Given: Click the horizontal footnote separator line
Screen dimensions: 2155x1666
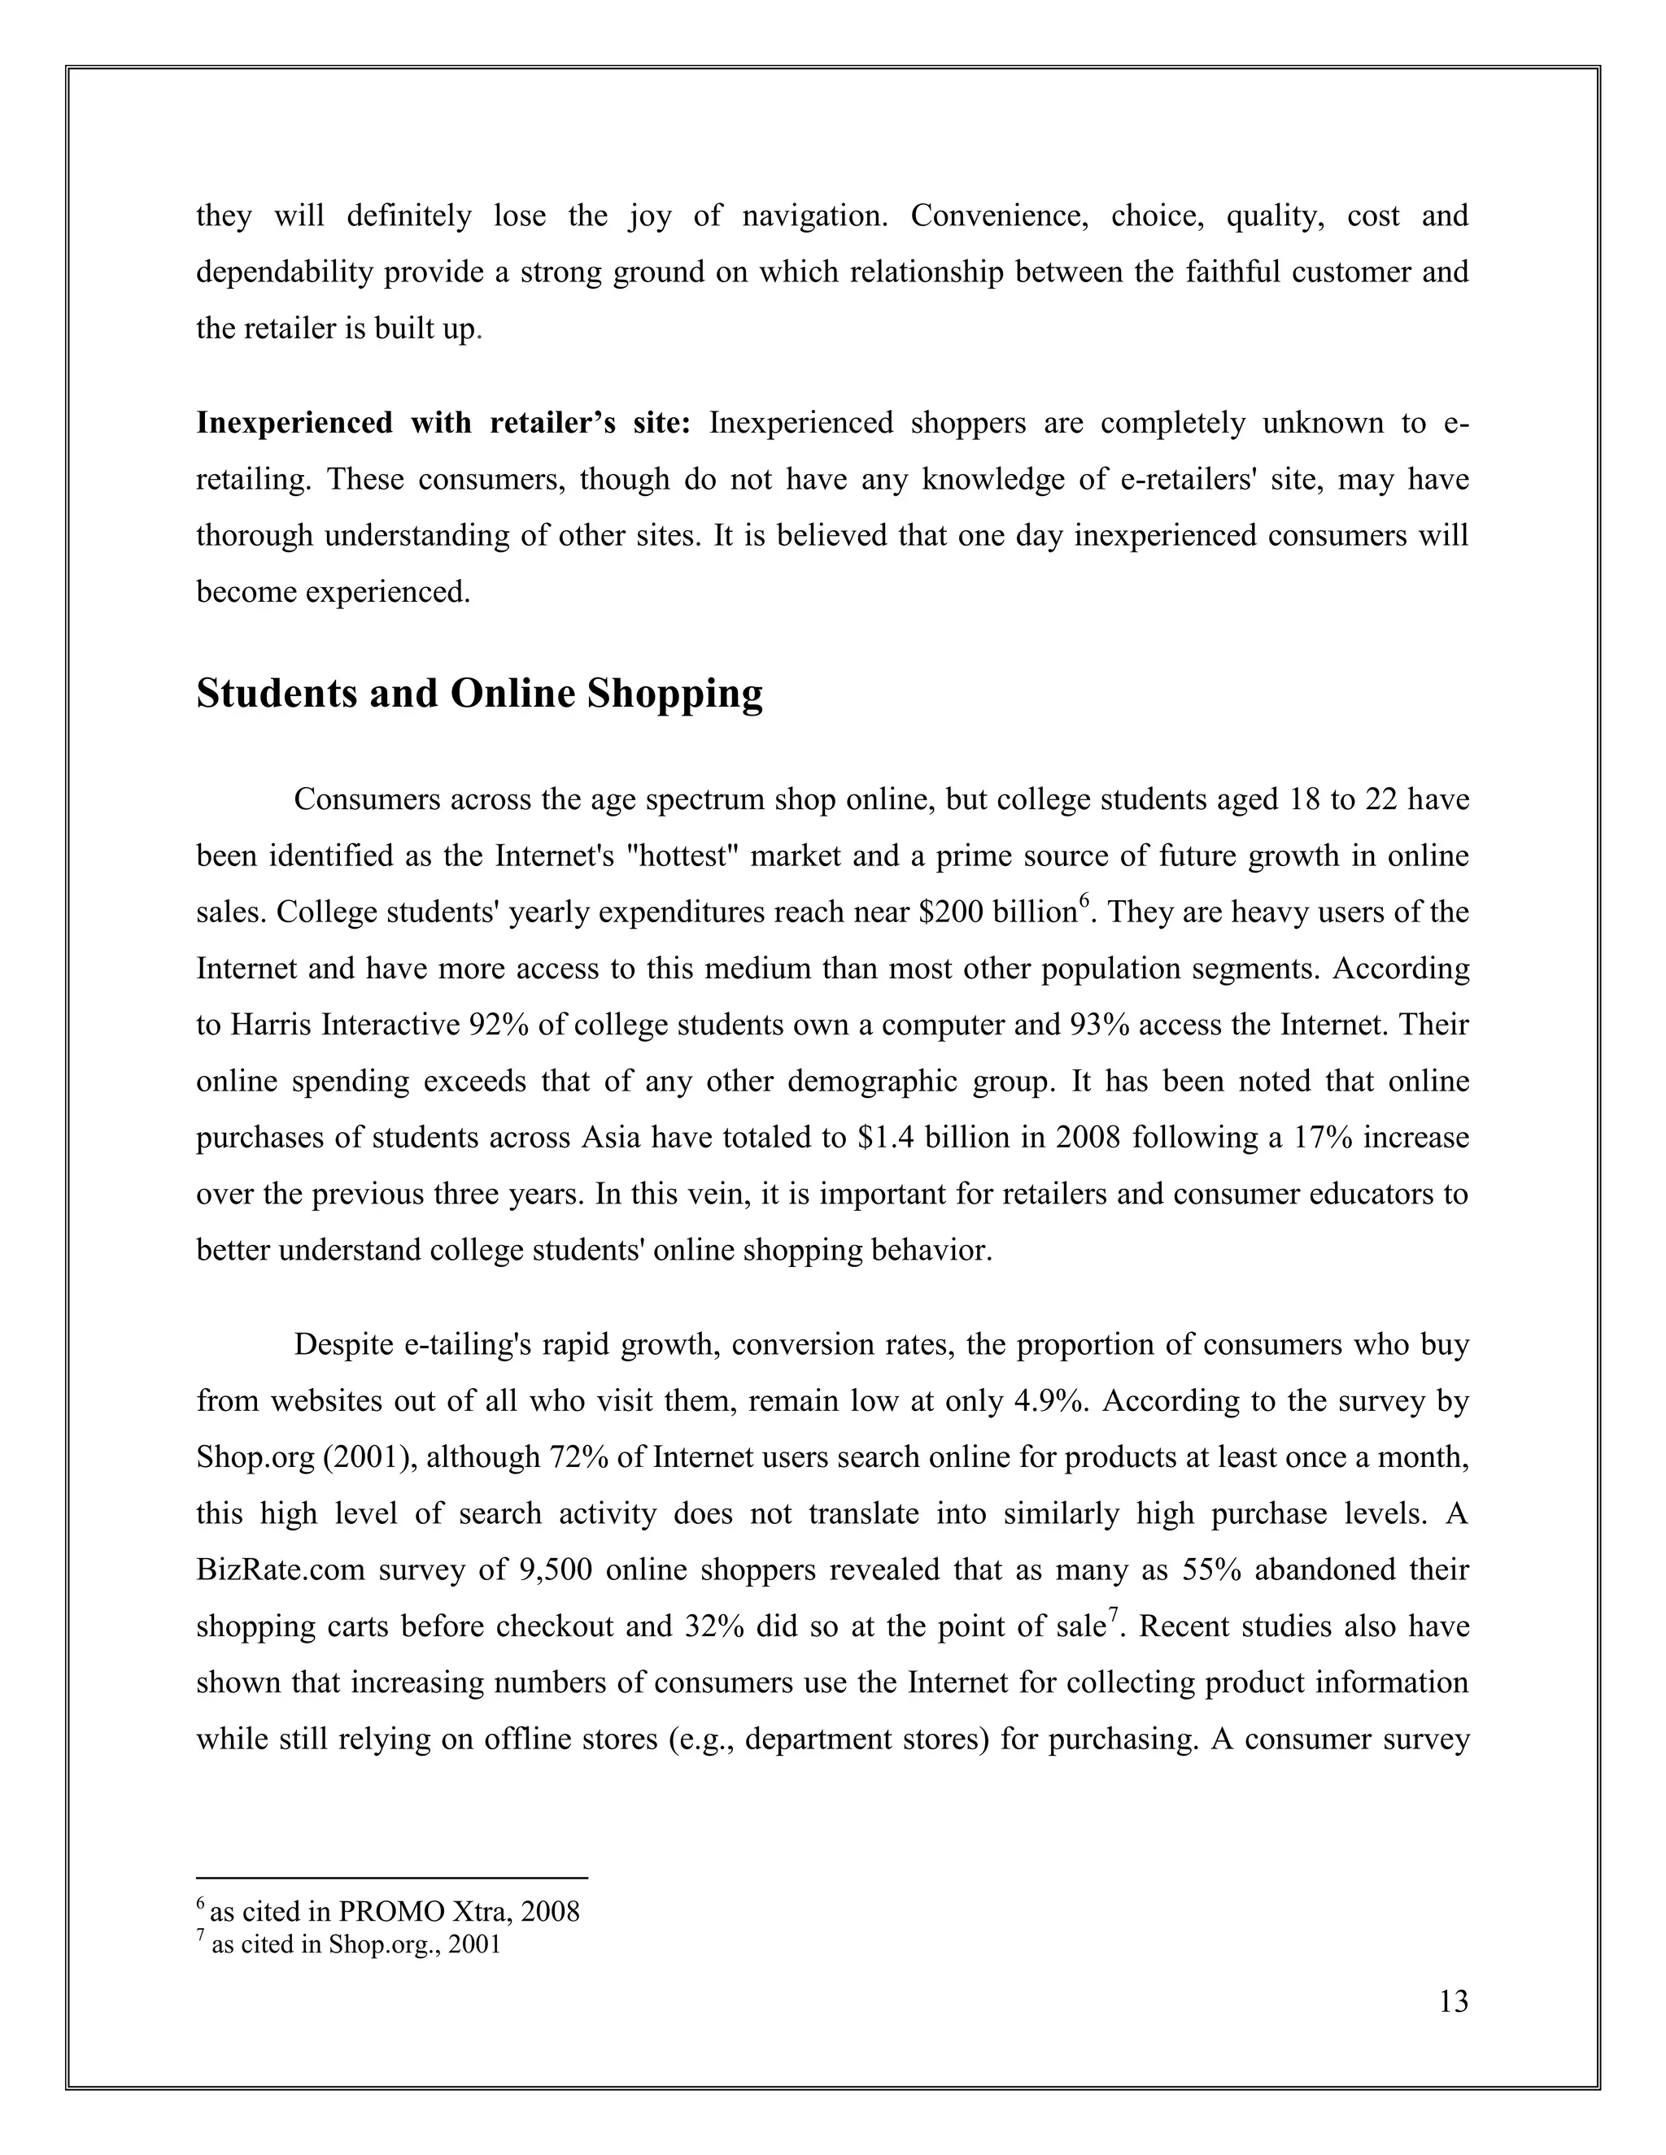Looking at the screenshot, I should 392,1877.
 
